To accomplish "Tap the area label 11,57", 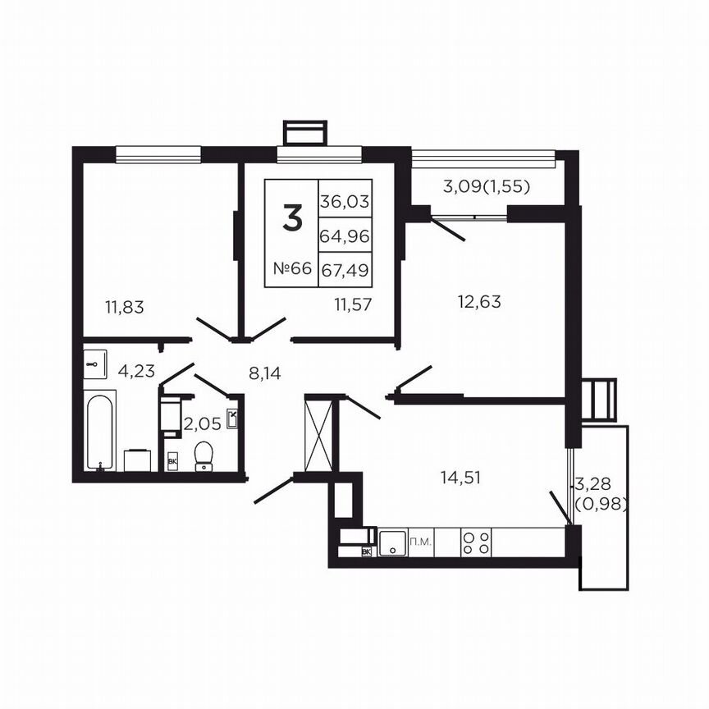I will (x=354, y=304).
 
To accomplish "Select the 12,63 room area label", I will (x=479, y=301).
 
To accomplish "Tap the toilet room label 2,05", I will (x=202, y=424).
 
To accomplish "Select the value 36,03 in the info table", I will (x=345, y=200).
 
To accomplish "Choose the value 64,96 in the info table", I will (x=345, y=236).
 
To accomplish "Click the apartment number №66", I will (x=291, y=269).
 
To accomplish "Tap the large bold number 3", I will (x=291, y=217).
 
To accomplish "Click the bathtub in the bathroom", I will (x=101, y=430).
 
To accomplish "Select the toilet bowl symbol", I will (x=204, y=455).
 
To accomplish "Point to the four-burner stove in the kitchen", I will (x=477, y=541).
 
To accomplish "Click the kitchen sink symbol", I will (x=391, y=542).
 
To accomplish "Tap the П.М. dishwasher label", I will (x=420, y=542).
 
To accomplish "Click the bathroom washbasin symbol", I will (x=96, y=362).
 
